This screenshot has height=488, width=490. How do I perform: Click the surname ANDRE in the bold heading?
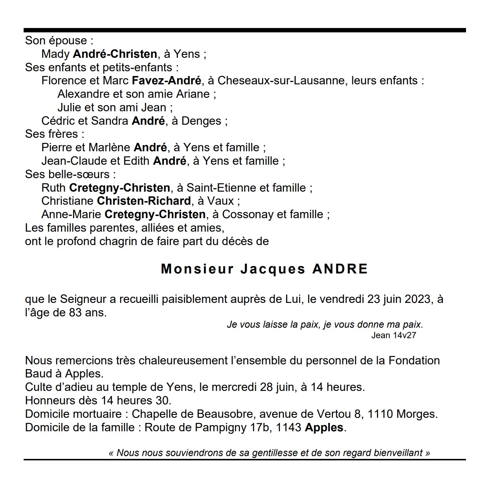(340, 269)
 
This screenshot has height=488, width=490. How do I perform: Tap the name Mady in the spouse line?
(55, 54)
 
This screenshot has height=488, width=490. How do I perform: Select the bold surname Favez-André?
(166, 80)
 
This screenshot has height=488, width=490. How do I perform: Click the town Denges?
(201, 121)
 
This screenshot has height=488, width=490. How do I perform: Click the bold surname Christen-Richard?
(144, 201)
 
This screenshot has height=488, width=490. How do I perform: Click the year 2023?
(414, 299)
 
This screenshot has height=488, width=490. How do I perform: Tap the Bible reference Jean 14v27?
(393, 335)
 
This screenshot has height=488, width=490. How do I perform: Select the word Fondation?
(414, 360)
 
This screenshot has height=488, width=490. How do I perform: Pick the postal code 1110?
(381, 414)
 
